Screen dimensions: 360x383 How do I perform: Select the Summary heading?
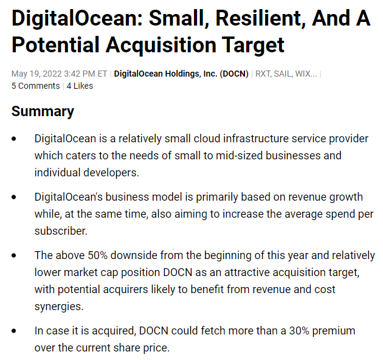pyautogui.click(x=43, y=111)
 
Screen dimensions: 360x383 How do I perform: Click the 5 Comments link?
pyautogui.click(x=35, y=86)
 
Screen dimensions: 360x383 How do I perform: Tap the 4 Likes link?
pyautogui.click(x=80, y=86)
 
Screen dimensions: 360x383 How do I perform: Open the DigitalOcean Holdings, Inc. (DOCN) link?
pyautogui.click(x=181, y=74)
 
